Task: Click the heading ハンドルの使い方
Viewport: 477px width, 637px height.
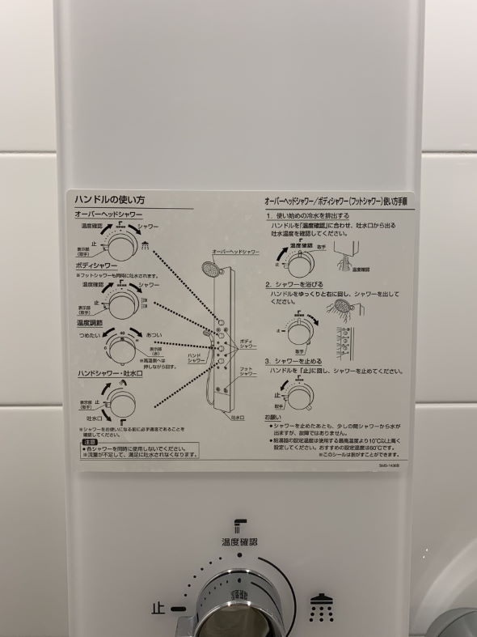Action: [110, 200]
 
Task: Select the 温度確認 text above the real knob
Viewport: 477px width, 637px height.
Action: [239, 541]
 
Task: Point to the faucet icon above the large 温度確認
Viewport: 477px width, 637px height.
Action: [238, 524]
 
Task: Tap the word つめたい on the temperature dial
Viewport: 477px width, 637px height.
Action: [88, 334]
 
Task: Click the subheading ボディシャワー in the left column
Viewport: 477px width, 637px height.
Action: [96, 265]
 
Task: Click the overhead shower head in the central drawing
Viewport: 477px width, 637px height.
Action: [211, 270]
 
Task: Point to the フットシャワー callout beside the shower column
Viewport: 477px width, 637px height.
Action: [247, 372]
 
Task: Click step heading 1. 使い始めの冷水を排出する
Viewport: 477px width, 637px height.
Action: [308, 216]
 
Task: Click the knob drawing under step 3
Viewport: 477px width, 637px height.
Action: [300, 395]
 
